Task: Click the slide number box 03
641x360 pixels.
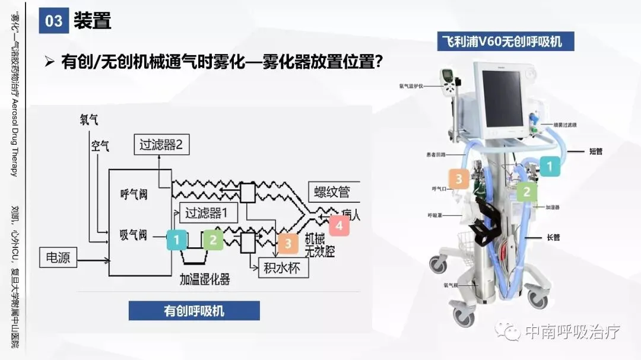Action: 53,21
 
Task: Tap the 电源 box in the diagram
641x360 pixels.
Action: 58,258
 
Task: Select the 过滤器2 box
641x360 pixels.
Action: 161,144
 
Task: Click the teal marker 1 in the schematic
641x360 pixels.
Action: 177,240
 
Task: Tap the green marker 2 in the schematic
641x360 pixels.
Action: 213,240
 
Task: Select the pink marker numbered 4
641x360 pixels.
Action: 339,225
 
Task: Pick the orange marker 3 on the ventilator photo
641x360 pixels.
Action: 459,179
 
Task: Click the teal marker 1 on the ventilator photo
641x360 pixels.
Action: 550,166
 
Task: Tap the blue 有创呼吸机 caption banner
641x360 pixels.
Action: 194,310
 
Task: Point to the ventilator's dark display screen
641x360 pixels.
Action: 502,99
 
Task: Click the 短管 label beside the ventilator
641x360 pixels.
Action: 595,151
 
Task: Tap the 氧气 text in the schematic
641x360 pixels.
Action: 89,120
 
